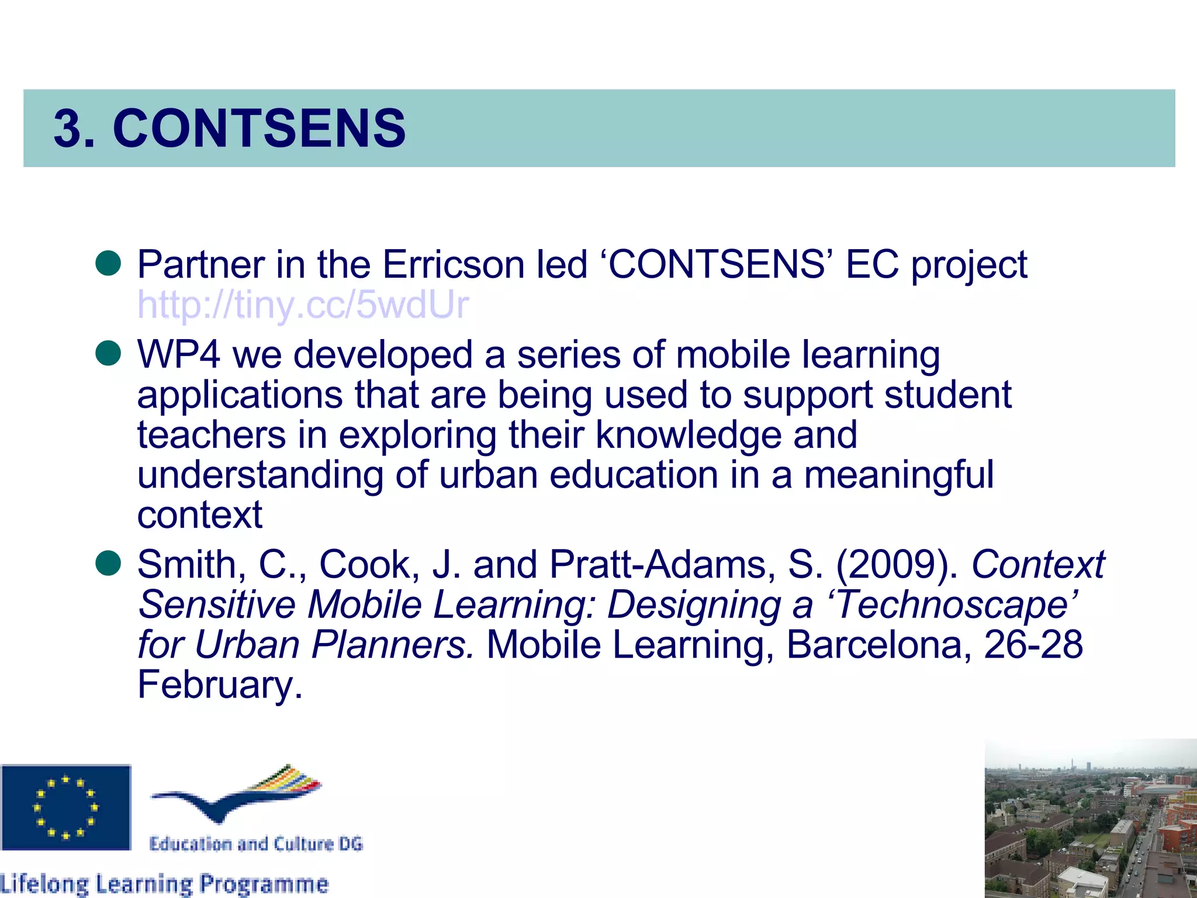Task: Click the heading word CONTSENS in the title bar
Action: click(259, 128)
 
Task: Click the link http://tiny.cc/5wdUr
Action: click(303, 305)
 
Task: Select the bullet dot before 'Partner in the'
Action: click(108, 264)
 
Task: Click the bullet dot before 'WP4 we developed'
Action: click(108, 354)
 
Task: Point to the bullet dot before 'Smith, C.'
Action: click(108, 563)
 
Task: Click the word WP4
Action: click(178, 355)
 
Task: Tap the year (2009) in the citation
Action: click(897, 565)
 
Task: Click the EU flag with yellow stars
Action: click(65, 807)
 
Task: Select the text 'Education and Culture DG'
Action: click(256, 844)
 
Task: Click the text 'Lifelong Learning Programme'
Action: click(164, 883)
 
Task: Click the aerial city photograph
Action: click(1091, 818)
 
